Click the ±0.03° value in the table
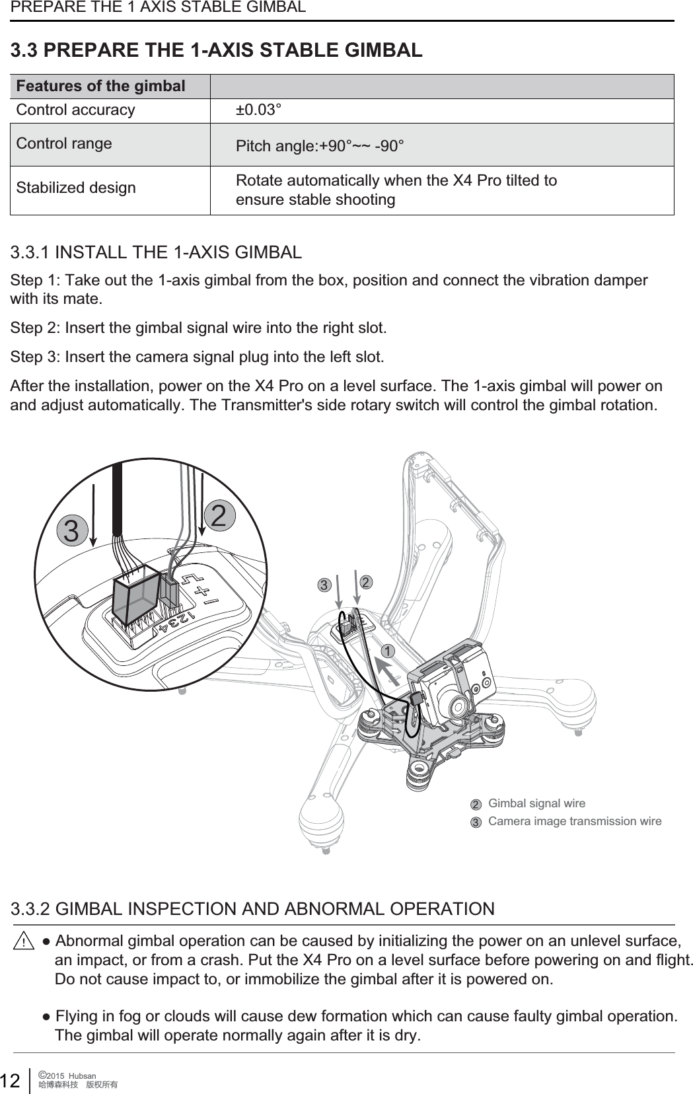tap(259, 110)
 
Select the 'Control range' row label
tap(64, 143)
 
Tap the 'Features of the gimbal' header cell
tap(100, 87)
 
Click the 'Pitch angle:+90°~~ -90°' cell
tap(320, 145)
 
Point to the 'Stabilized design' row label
tap(76, 188)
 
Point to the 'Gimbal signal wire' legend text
tap(536, 803)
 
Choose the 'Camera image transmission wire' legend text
tap(574, 821)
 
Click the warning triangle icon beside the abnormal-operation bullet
tap(24, 941)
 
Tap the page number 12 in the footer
tap(10, 1081)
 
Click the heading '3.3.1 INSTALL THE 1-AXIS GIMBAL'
tap(157, 252)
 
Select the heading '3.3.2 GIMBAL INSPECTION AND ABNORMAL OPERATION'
tap(253, 908)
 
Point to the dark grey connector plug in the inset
tap(137, 594)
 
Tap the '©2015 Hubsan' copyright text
tap(68, 1076)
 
